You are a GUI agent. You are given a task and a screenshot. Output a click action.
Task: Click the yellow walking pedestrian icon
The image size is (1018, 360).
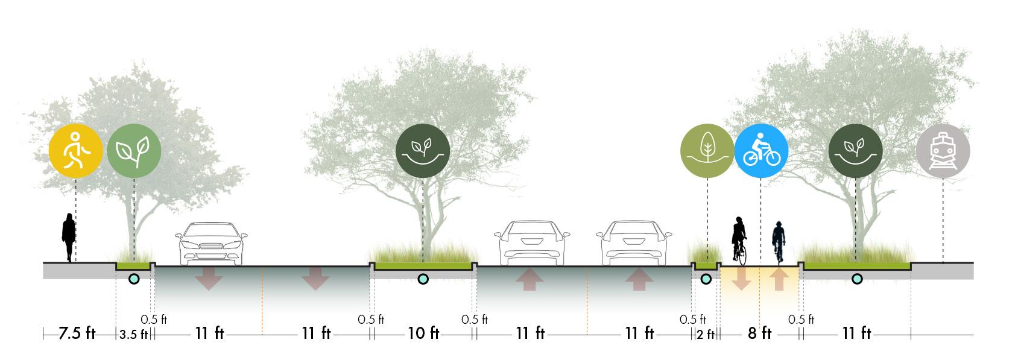[75, 151]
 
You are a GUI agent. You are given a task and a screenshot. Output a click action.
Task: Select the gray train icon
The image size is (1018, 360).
[943, 151]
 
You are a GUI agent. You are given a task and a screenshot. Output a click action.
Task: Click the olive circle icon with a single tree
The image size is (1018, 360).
[707, 151]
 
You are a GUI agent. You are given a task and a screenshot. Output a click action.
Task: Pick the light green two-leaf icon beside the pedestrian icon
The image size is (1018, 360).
[134, 151]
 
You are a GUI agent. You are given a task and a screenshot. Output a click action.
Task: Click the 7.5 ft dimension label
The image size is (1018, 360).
[77, 333]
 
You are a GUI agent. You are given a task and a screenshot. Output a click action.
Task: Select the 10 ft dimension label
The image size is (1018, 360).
[423, 333]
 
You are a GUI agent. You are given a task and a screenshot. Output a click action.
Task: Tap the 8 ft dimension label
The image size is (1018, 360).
[760, 333]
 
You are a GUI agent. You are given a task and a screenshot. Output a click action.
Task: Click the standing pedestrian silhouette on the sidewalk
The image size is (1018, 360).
[69, 237]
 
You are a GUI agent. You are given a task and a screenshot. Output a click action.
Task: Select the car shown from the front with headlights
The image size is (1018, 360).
[210, 244]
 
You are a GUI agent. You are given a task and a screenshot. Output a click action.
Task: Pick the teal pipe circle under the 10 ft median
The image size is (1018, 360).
[423, 279]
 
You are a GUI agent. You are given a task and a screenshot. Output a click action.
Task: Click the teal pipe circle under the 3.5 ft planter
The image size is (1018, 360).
[134, 279]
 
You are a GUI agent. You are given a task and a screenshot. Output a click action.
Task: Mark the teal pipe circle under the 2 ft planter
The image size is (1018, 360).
[705, 279]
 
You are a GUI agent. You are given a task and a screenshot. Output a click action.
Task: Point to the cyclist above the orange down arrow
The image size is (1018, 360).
[740, 240]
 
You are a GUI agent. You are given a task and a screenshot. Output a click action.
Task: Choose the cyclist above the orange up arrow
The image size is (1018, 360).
[779, 242]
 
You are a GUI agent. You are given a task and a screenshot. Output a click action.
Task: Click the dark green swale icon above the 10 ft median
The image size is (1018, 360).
[423, 151]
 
